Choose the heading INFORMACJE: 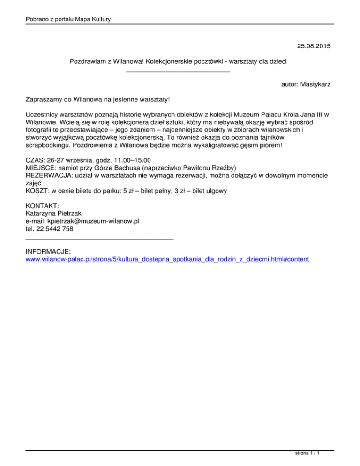click(x=48, y=252)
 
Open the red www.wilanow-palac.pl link click(x=167, y=259)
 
